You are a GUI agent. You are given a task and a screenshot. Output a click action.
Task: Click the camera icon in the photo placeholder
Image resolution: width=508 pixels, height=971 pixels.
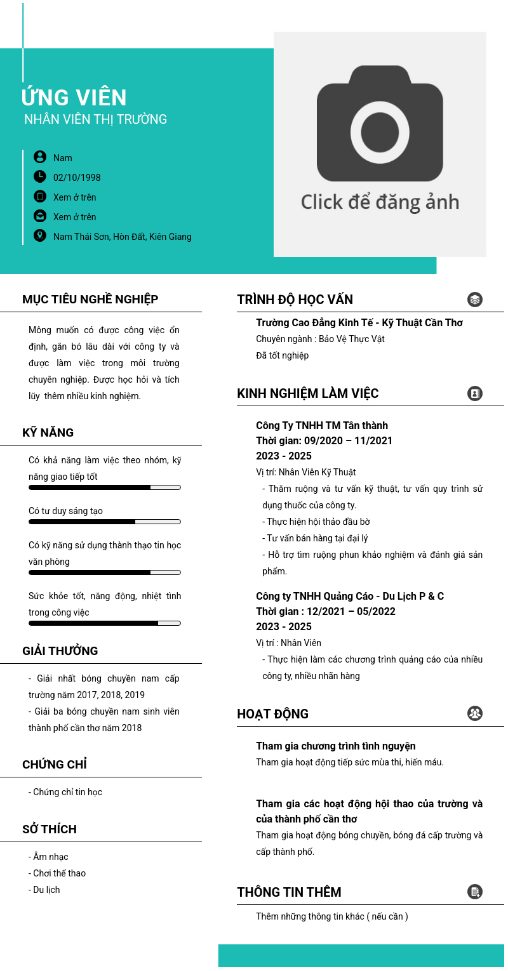[380, 124]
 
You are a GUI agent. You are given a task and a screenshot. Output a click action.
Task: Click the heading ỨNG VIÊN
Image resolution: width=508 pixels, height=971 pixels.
[74, 98]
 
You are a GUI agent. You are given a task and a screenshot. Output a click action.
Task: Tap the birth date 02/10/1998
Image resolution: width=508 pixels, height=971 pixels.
[77, 178]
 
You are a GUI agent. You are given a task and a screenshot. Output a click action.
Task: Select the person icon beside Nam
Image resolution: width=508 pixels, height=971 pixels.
[40, 157]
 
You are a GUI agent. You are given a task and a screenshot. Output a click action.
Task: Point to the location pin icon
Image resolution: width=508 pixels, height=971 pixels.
[40, 235]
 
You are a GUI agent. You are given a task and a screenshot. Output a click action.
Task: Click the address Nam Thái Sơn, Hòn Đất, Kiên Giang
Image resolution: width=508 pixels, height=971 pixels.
[123, 237]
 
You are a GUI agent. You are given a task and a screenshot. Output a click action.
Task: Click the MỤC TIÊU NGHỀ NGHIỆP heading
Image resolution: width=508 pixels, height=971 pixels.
[90, 300]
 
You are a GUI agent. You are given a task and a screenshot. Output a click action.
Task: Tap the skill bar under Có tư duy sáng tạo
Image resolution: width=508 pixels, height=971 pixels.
[105, 522]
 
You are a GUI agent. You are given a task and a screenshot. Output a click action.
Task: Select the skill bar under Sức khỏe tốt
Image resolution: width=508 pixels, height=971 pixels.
[105, 623]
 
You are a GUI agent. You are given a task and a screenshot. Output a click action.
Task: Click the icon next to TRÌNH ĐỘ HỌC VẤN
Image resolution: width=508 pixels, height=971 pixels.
[474, 300]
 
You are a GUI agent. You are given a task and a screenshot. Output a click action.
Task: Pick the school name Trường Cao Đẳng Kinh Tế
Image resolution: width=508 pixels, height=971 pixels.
[359, 323]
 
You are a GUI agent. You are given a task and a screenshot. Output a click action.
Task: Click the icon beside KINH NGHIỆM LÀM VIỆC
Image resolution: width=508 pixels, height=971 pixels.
[474, 393]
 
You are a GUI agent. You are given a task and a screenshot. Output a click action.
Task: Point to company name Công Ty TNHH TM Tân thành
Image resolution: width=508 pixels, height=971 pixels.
[322, 425]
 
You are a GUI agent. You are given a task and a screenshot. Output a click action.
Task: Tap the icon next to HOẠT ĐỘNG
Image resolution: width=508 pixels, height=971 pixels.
[474, 713]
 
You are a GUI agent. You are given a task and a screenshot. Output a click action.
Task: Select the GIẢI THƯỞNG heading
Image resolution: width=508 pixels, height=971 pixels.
[60, 651]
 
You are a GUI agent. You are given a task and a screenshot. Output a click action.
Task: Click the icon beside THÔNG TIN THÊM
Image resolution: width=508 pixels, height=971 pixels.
[474, 892]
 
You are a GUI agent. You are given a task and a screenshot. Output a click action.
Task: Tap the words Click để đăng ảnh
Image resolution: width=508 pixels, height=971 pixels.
[380, 202]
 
